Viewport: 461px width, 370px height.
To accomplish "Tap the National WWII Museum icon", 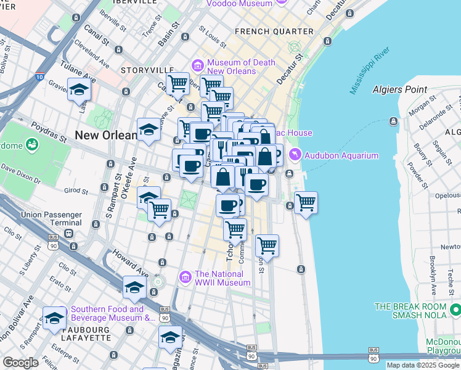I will click(x=185, y=278).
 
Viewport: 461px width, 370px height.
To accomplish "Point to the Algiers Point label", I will click(x=399, y=89).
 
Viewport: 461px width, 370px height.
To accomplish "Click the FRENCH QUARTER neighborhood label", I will click(x=274, y=31).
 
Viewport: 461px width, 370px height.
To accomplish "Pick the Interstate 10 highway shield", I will click(x=39, y=77).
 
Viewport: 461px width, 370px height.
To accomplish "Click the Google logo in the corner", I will click(x=20, y=362).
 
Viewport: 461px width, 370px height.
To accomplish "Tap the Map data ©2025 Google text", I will click(x=423, y=365).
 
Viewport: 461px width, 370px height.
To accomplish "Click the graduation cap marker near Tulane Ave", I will click(x=79, y=89).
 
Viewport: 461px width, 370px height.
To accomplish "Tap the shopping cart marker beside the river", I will click(x=306, y=202).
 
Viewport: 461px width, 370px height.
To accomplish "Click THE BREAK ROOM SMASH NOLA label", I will click(x=417, y=311).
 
